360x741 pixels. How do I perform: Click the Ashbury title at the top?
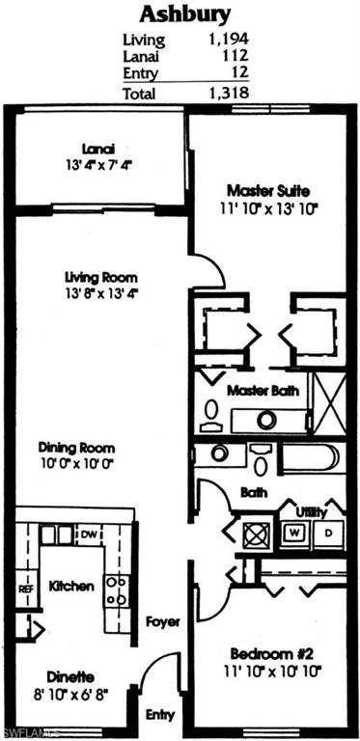point(185,14)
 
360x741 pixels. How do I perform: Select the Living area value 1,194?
point(228,41)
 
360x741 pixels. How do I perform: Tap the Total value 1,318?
point(228,93)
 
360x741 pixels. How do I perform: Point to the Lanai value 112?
point(235,57)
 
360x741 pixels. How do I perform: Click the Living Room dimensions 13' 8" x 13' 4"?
point(96,294)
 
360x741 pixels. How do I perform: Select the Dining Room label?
point(76,447)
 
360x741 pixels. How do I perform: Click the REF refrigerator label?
point(25,588)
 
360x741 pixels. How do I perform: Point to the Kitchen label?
point(71,586)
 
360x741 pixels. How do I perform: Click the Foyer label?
point(163,622)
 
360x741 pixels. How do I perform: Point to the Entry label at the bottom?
point(160,715)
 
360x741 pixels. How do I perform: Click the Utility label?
point(311,510)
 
